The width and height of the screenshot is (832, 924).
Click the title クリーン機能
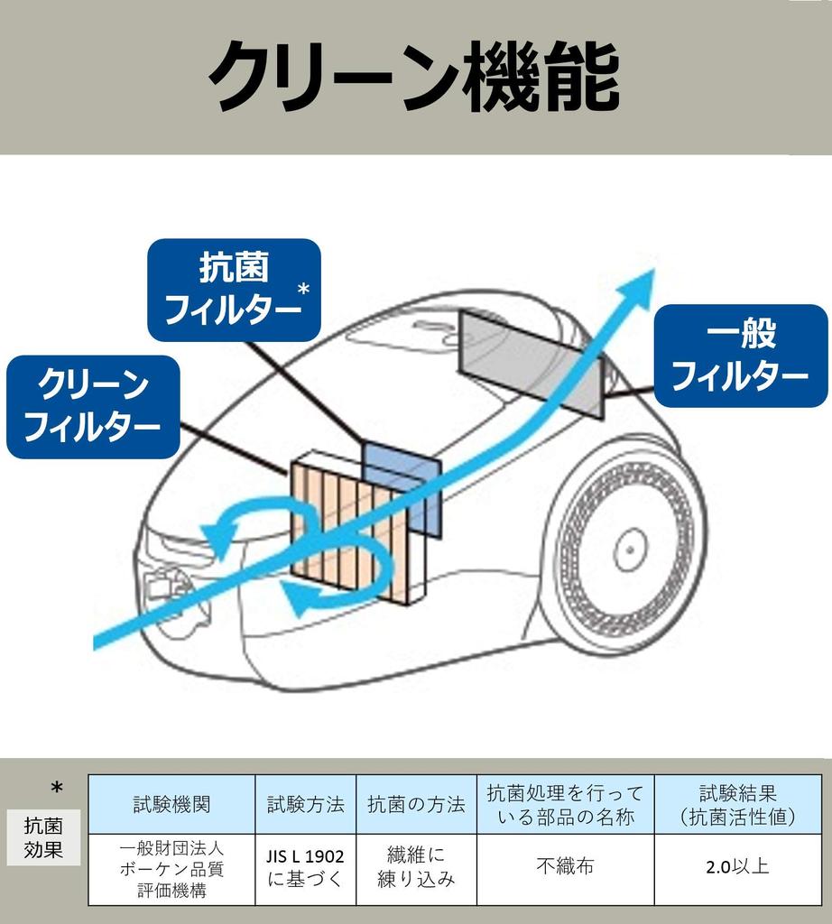(414, 77)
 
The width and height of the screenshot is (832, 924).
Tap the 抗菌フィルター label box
(234, 290)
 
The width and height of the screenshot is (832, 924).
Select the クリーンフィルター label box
(93, 406)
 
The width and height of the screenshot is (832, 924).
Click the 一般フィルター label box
(739, 356)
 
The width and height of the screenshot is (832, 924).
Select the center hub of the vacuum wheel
(631, 550)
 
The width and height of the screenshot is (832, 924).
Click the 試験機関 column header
(171, 804)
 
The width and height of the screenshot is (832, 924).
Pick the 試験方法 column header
(305, 804)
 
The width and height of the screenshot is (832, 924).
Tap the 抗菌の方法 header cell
(416, 804)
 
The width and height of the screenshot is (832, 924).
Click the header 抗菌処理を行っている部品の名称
(565, 804)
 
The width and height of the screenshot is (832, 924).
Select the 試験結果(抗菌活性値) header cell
(738, 804)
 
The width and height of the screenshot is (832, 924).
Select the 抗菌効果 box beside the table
(44, 836)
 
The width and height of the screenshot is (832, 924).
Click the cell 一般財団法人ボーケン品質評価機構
(171, 868)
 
